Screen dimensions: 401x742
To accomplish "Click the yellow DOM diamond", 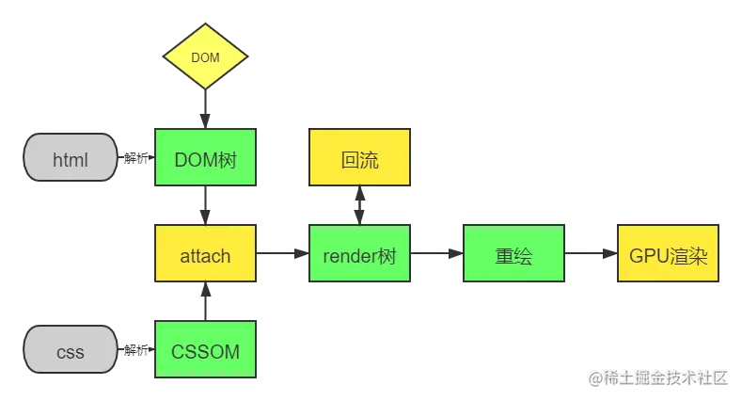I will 205,57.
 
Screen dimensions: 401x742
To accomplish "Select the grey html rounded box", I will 70,159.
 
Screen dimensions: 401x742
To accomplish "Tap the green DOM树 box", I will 205,158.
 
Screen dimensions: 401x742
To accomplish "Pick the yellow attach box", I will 205,254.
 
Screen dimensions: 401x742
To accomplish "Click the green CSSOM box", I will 205,351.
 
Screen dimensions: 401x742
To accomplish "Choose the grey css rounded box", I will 70,352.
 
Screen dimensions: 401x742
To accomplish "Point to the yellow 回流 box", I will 360,159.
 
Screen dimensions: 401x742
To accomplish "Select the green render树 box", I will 360,254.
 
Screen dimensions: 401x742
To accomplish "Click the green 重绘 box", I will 514,254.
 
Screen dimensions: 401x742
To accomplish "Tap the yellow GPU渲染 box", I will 669,254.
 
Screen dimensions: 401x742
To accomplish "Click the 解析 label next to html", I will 135,158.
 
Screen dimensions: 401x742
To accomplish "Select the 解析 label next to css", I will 135,351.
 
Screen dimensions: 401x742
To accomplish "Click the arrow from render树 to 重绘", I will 435,254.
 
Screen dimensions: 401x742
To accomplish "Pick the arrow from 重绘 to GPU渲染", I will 592,254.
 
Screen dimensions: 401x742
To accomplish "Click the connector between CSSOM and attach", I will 205,302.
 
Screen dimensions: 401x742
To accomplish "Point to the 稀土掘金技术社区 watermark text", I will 658,377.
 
